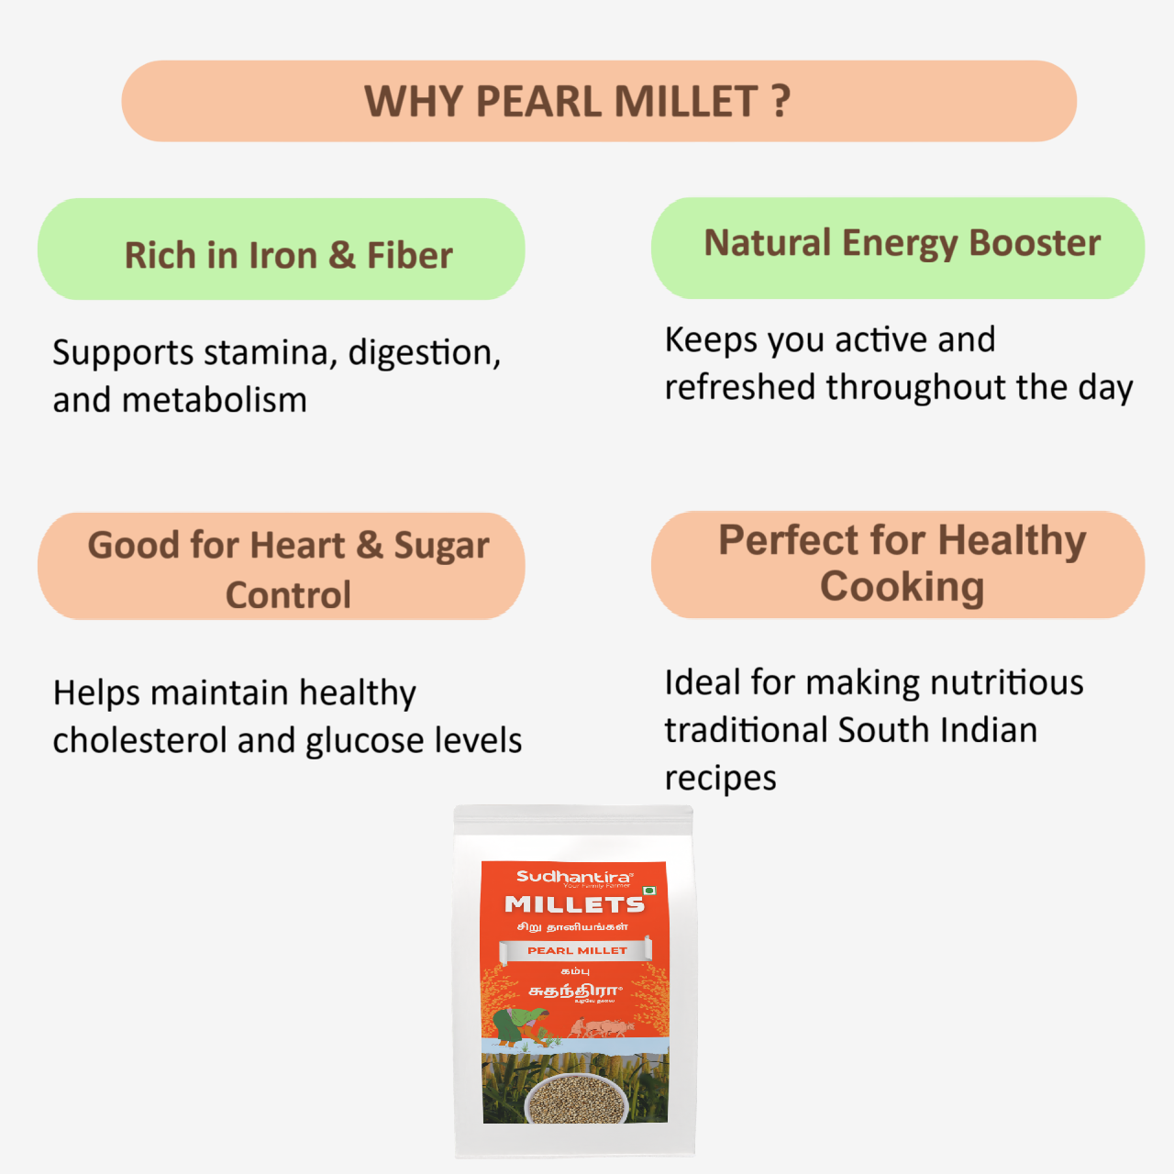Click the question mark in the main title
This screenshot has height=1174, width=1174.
tap(781, 101)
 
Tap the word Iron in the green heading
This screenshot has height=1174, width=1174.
tap(283, 256)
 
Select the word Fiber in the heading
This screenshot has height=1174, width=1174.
tap(410, 256)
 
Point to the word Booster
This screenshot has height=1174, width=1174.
tap(1035, 243)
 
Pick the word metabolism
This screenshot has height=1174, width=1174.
tap(214, 401)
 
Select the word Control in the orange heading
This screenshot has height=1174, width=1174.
tap(288, 595)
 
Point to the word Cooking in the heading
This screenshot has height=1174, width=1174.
tap(902, 587)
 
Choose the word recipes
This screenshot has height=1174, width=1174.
tap(720, 779)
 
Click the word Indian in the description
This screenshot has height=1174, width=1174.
tap(987, 731)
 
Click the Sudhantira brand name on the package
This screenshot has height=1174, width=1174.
tap(574, 877)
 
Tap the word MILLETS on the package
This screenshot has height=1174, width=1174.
tap(574, 904)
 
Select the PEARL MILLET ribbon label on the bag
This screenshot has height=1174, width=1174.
tap(576, 950)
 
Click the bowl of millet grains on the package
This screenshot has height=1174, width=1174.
tap(575, 1098)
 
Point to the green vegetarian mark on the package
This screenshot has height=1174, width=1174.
tap(649, 891)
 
